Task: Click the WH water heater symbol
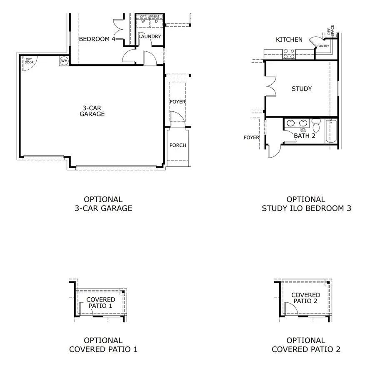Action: point(64,60)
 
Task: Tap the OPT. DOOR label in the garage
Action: point(29,61)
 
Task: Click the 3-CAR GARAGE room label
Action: point(92,111)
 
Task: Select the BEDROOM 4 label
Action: point(97,39)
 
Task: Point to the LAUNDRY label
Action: point(150,37)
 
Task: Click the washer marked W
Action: point(143,21)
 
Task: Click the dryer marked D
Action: point(156,21)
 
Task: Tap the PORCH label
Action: point(177,145)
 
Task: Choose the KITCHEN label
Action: point(289,40)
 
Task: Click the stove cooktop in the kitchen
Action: point(289,54)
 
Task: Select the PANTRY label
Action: point(323,45)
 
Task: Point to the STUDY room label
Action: point(302,89)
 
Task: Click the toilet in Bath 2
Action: point(317,124)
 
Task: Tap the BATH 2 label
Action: point(304,136)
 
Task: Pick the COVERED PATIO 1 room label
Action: point(101,303)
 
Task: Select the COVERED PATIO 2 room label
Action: point(306,298)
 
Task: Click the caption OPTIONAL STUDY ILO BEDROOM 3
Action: point(306,204)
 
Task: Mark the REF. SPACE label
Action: point(330,30)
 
